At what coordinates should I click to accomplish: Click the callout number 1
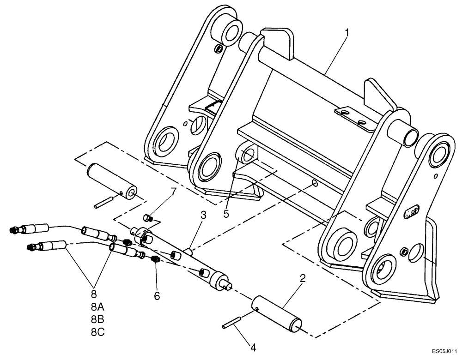[x=347, y=33]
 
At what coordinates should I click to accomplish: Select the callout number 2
[x=302, y=279]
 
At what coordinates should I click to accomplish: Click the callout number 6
[x=157, y=296]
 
